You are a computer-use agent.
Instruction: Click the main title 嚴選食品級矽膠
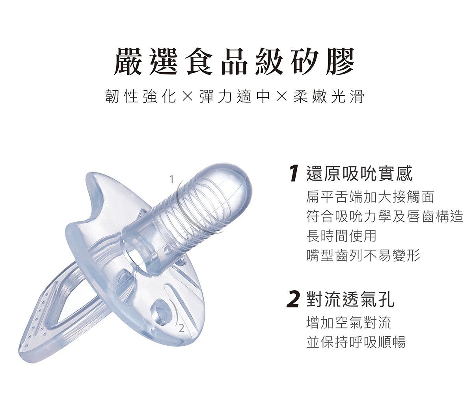click(x=234, y=62)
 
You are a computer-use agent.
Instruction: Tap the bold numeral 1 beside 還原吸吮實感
click(x=294, y=174)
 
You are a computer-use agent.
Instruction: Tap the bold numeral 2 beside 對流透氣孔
click(x=293, y=299)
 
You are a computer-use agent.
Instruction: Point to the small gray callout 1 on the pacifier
click(x=171, y=180)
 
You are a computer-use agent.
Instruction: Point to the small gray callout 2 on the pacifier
click(x=181, y=328)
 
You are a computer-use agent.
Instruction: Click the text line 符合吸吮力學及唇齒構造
click(x=385, y=216)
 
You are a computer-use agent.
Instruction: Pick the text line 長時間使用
click(x=341, y=236)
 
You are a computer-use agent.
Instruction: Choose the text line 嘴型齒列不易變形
click(x=363, y=255)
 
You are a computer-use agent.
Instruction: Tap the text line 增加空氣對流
click(x=349, y=323)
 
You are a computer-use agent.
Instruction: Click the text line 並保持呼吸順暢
click(x=356, y=342)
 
